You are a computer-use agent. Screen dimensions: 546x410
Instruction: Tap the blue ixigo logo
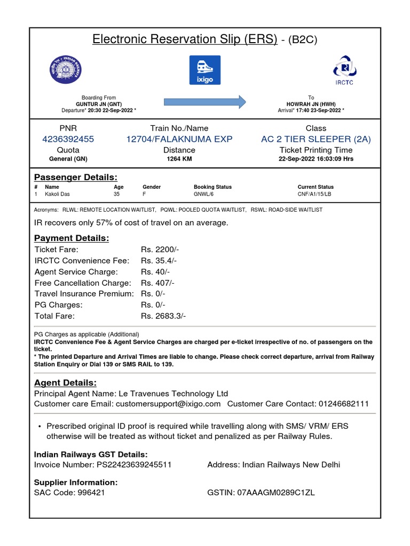[x=205, y=70]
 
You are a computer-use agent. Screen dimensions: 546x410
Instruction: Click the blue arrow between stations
[x=204, y=101]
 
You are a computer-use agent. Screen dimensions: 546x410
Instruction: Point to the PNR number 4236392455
[x=68, y=139]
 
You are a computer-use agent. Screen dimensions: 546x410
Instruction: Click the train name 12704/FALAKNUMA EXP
[x=179, y=139]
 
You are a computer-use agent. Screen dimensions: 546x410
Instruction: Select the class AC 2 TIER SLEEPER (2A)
[x=316, y=139]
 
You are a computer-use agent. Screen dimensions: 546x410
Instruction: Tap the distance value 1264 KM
[x=179, y=159]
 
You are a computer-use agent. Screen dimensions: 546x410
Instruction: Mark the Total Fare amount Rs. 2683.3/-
[x=163, y=316]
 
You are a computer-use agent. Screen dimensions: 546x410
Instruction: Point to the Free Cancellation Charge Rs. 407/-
[x=157, y=283]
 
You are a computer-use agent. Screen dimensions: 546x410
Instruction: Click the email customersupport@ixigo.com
[x=168, y=404]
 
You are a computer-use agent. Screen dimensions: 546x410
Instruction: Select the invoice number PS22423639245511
[x=134, y=464]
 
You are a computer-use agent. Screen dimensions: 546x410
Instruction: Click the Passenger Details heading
[x=76, y=177]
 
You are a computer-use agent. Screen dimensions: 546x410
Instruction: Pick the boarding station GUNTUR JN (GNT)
[x=99, y=104]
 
